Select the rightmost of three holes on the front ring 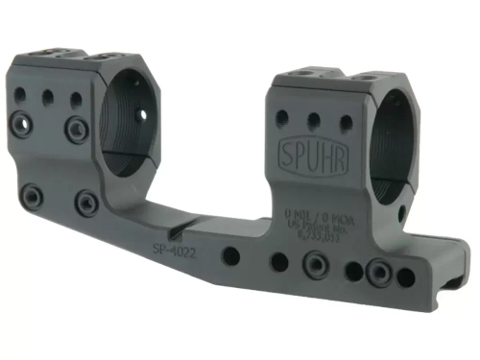(73, 100)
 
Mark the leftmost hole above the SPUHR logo (282, 117)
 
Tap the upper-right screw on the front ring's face (74, 127)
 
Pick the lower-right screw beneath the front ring (88, 202)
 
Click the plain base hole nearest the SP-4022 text (231, 256)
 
